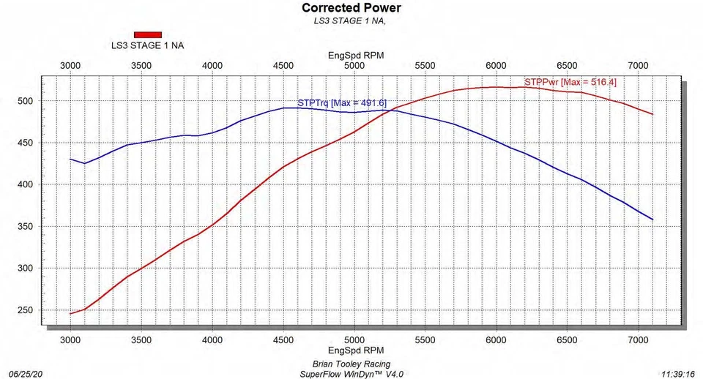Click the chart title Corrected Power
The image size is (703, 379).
pos(351,8)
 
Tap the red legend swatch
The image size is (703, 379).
pos(147,34)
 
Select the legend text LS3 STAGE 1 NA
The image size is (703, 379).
pos(147,45)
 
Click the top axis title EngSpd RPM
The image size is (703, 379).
pos(356,55)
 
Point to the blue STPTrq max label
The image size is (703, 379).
pos(341,103)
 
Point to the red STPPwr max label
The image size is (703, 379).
pos(570,83)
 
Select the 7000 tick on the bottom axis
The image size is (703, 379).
pos(639,340)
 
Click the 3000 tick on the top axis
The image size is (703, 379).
pos(70,66)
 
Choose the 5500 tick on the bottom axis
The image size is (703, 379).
pos(425,340)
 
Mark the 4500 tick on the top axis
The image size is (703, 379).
pos(283,66)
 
